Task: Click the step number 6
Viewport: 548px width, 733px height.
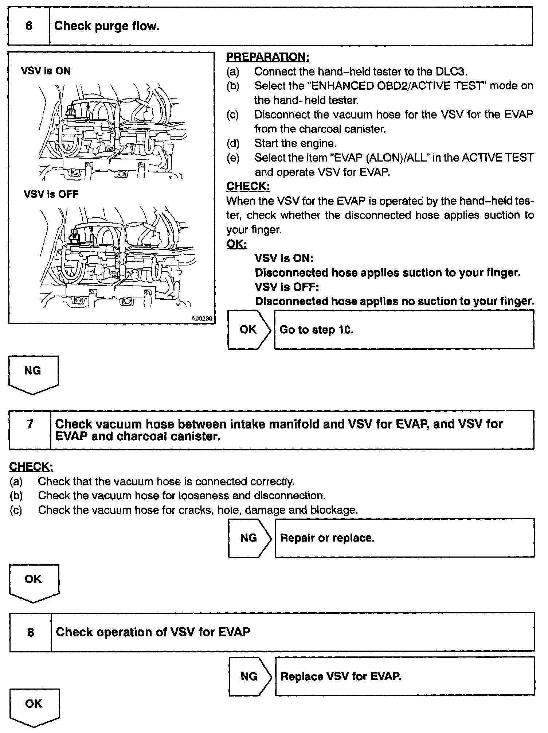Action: click(29, 26)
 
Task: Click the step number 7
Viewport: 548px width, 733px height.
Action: click(30, 424)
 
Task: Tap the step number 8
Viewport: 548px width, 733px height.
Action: click(31, 632)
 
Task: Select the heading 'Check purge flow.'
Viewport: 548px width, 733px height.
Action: click(107, 26)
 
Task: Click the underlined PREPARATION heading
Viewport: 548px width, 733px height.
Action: click(268, 57)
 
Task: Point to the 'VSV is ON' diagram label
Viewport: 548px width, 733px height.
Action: click(46, 71)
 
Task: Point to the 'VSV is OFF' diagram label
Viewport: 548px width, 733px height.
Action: click(51, 194)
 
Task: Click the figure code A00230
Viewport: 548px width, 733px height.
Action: click(202, 318)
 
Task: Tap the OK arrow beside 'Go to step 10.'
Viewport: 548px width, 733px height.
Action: click(248, 330)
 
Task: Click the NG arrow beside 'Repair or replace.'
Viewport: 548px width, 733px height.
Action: click(249, 538)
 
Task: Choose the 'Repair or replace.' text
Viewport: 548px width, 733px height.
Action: click(327, 538)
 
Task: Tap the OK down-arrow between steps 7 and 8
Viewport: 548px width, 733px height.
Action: click(34, 581)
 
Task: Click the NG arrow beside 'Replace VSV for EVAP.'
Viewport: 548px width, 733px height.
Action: click(249, 676)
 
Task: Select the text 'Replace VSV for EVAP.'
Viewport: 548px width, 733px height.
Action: click(341, 676)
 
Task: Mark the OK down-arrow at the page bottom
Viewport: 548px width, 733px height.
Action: click(34, 705)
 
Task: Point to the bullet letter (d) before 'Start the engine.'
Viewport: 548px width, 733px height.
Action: click(233, 143)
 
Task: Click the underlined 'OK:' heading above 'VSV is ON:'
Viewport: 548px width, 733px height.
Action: click(236, 244)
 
